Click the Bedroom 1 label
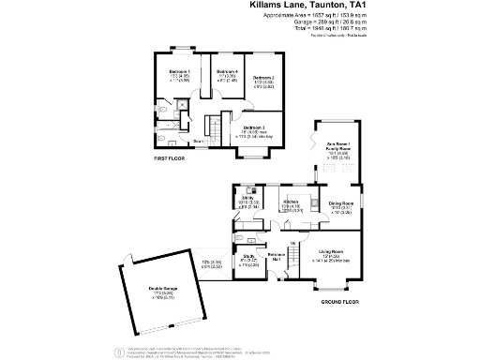[x=179, y=71]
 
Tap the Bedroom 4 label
[x=228, y=71]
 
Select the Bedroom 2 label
[x=263, y=78]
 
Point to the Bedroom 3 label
[x=254, y=127]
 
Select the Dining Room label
[x=340, y=202]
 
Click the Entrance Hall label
[x=277, y=256]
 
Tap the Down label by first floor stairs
[x=200, y=142]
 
